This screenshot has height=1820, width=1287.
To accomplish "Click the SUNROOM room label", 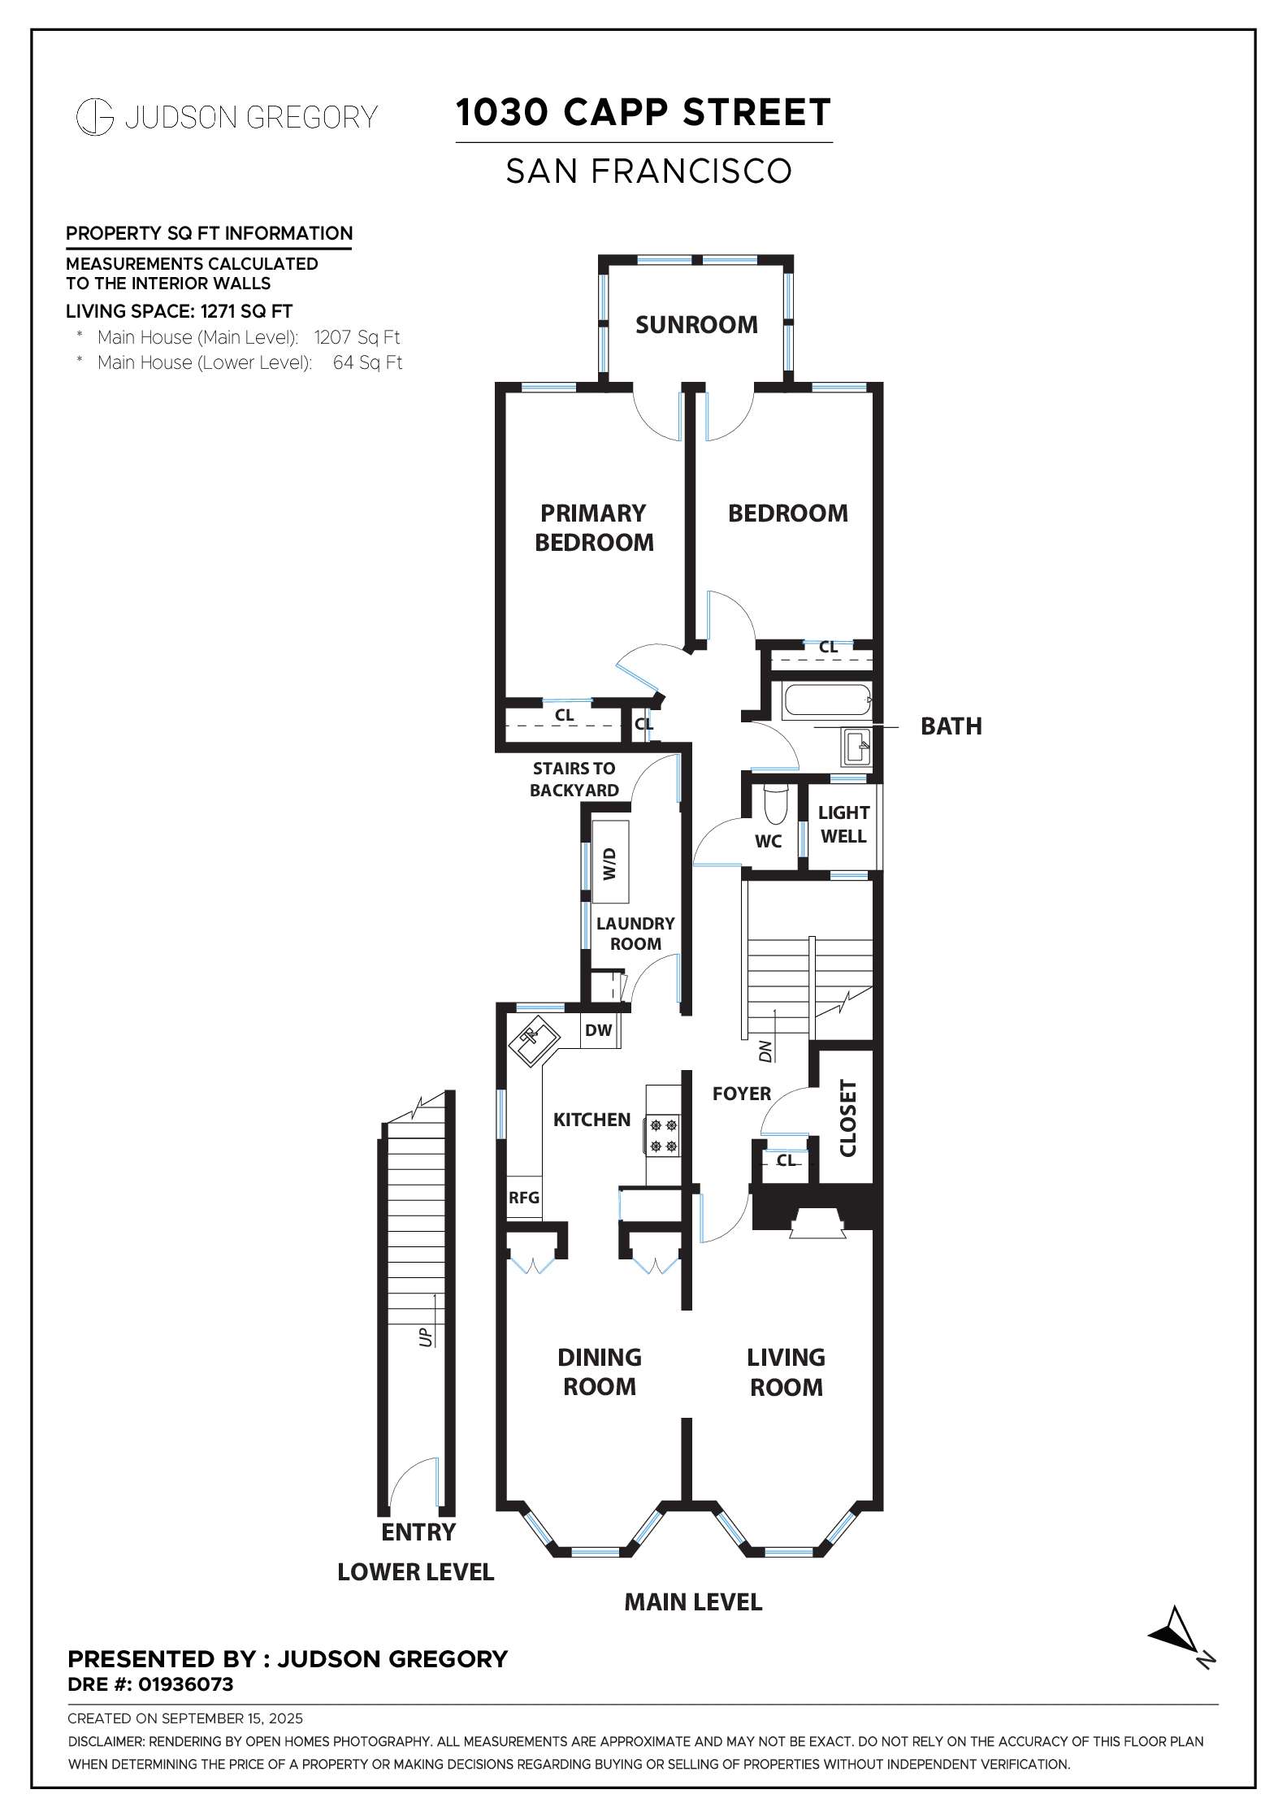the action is pyautogui.click(x=696, y=325).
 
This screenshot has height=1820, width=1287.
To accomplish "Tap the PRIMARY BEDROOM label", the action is pyautogui.click(x=594, y=527).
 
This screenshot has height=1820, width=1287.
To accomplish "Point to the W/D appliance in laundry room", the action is pyautogui.click(x=611, y=862).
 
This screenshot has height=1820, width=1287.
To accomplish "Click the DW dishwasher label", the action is pyautogui.click(x=599, y=1030).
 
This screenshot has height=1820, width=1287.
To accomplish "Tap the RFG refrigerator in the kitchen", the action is pyautogui.click(x=524, y=1197).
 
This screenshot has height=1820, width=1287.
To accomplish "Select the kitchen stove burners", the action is pyautogui.click(x=661, y=1135).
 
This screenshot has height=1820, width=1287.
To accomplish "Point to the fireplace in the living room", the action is pyautogui.click(x=819, y=1223).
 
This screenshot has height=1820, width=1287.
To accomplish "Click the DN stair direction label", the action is pyautogui.click(x=765, y=1053).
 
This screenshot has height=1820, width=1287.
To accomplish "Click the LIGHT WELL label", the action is pyautogui.click(x=843, y=824).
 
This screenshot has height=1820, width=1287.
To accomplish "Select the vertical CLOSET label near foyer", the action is pyautogui.click(x=847, y=1118).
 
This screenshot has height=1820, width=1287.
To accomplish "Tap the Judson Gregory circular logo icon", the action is pyautogui.click(x=94, y=117).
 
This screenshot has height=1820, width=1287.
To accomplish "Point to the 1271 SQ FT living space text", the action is pyautogui.click(x=247, y=311).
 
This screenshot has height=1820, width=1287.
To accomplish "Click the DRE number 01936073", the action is pyautogui.click(x=186, y=1684).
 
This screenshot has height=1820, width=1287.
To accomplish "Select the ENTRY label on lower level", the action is pyautogui.click(x=418, y=1532).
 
